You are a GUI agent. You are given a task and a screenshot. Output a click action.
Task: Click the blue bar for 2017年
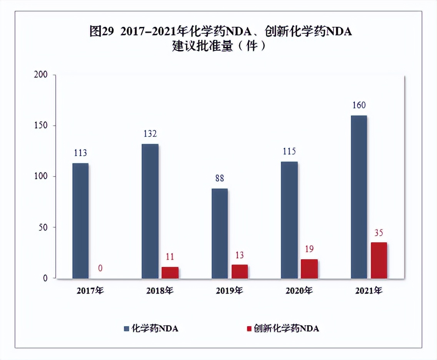pos(80,221)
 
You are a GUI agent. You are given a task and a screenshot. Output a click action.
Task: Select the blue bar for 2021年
pos(359,197)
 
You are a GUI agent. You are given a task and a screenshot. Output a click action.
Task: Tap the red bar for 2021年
pos(379,260)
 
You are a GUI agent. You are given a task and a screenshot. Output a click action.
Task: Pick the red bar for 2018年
pos(170,272)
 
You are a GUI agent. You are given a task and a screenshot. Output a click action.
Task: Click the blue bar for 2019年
pos(219,233)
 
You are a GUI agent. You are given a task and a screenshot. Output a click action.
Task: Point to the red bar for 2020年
pos(309,269)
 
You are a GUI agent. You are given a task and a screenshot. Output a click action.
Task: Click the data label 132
pos(150,134)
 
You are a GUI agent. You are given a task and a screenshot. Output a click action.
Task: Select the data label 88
pos(220,178)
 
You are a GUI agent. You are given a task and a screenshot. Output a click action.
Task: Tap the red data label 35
pos(379,233)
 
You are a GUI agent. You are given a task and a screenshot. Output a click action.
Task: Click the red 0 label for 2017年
pos(100,268)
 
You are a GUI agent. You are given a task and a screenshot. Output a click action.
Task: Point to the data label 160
pos(359,105)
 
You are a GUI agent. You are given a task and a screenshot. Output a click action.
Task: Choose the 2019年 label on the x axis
pos(230,291)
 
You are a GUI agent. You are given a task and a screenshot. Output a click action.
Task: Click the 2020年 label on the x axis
pos(299,291)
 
